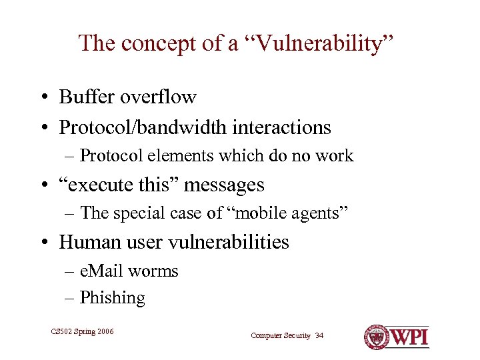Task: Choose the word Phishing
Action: pyautogui.click(x=112, y=298)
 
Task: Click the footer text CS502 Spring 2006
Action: pyautogui.click(x=82, y=331)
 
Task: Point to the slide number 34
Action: pyautogui.click(x=319, y=335)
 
